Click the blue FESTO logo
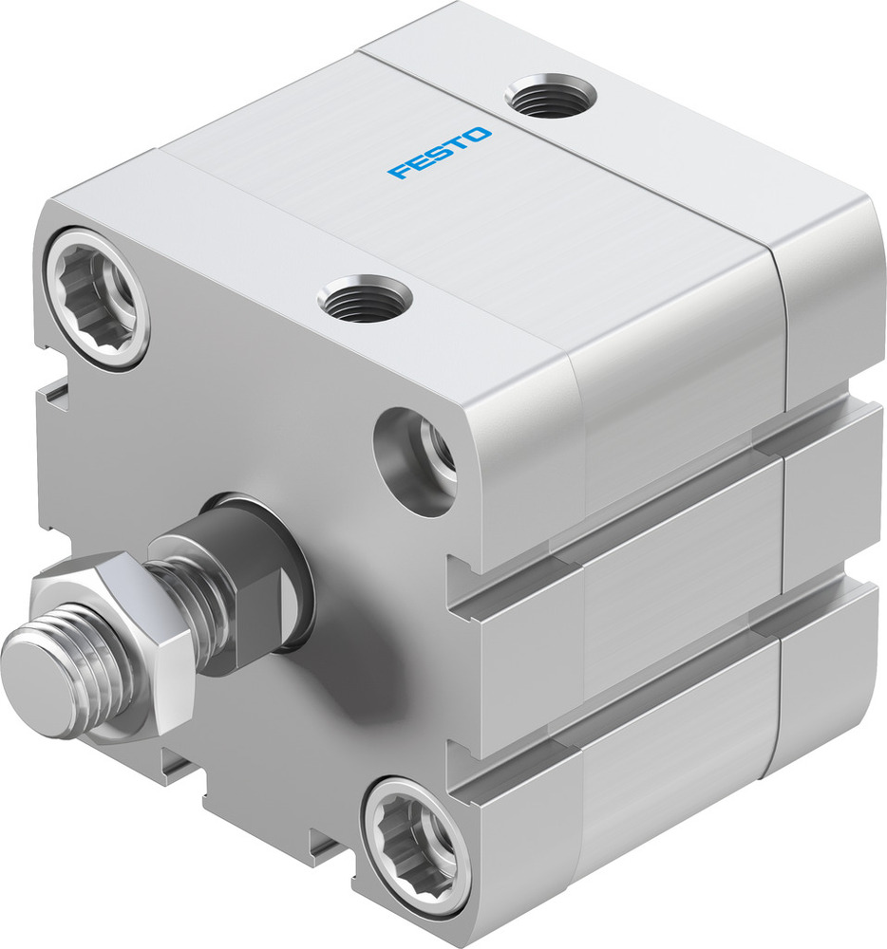(440, 152)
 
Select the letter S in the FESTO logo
(440, 152)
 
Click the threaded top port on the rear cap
(551, 97)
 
